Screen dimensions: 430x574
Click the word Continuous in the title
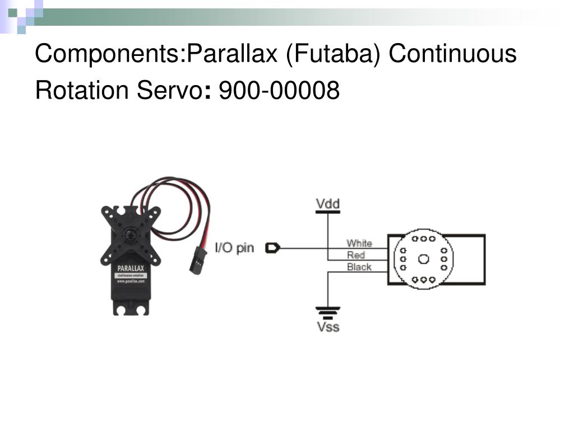pyautogui.click(x=452, y=54)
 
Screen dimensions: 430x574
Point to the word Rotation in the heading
pyautogui.click(x=82, y=90)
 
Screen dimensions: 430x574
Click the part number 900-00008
pyautogui.click(x=279, y=90)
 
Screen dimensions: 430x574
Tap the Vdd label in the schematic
pyautogui.click(x=328, y=204)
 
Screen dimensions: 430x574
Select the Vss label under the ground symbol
pyautogui.click(x=328, y=326)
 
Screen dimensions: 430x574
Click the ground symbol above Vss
pyautogui.click(x=328, y=311)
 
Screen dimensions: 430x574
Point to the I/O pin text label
pyautogui.click(x=235, y=247)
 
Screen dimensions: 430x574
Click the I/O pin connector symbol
pyautogui.click(x=272, y=247)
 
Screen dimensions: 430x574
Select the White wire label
pyautogui.click(x=359, y=243)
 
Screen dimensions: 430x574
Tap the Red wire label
pyautogui.click(x=356, y=255)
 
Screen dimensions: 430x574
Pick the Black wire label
pyautogui.click(x=359, y=267)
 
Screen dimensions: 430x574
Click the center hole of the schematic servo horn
pyautogui.click(x=423, y=259)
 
